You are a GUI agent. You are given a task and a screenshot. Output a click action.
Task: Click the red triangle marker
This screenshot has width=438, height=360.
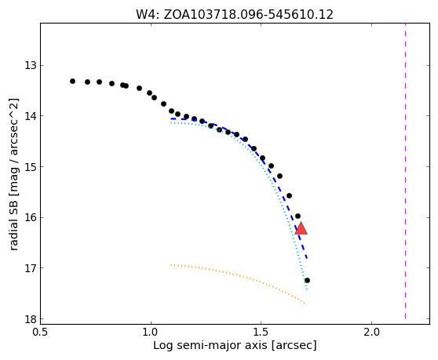pos(301,228)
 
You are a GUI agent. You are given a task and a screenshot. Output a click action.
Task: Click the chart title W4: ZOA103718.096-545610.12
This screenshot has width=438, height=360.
pos(235,14)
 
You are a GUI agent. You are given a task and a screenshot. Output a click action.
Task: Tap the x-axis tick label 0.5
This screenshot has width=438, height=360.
pos(41,333)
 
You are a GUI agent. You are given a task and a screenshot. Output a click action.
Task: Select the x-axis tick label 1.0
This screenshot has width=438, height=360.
pos(151,333)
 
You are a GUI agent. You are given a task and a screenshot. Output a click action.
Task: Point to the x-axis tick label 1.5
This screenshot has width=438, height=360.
pos(261,333)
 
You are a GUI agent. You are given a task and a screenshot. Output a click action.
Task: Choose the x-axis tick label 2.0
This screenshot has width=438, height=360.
pos(372,333)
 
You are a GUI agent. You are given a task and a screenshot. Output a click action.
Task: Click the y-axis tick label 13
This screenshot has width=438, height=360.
pos(31,66)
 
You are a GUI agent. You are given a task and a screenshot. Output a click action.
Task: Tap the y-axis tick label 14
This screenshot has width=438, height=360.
pos(31,116)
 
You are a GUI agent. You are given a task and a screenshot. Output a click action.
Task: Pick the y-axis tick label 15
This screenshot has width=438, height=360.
pos(31,167)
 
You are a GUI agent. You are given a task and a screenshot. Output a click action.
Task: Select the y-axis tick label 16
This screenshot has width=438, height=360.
pos(31,218)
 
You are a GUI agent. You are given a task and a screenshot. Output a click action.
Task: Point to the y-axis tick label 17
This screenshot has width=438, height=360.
pos(31,268)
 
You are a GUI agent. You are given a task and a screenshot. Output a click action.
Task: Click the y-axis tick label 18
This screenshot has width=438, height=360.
pos(31,319)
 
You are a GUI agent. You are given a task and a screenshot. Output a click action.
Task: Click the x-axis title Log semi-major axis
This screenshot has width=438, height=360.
pos(211,346)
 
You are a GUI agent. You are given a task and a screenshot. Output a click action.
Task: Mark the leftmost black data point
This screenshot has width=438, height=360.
pos(73,82)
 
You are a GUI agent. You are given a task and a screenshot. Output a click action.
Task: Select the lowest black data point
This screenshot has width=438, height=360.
pos(307,280)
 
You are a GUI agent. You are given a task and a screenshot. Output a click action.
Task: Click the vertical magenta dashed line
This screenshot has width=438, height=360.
pos(405,171)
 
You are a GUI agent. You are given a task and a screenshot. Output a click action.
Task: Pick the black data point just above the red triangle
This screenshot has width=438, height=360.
pos(297,216)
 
